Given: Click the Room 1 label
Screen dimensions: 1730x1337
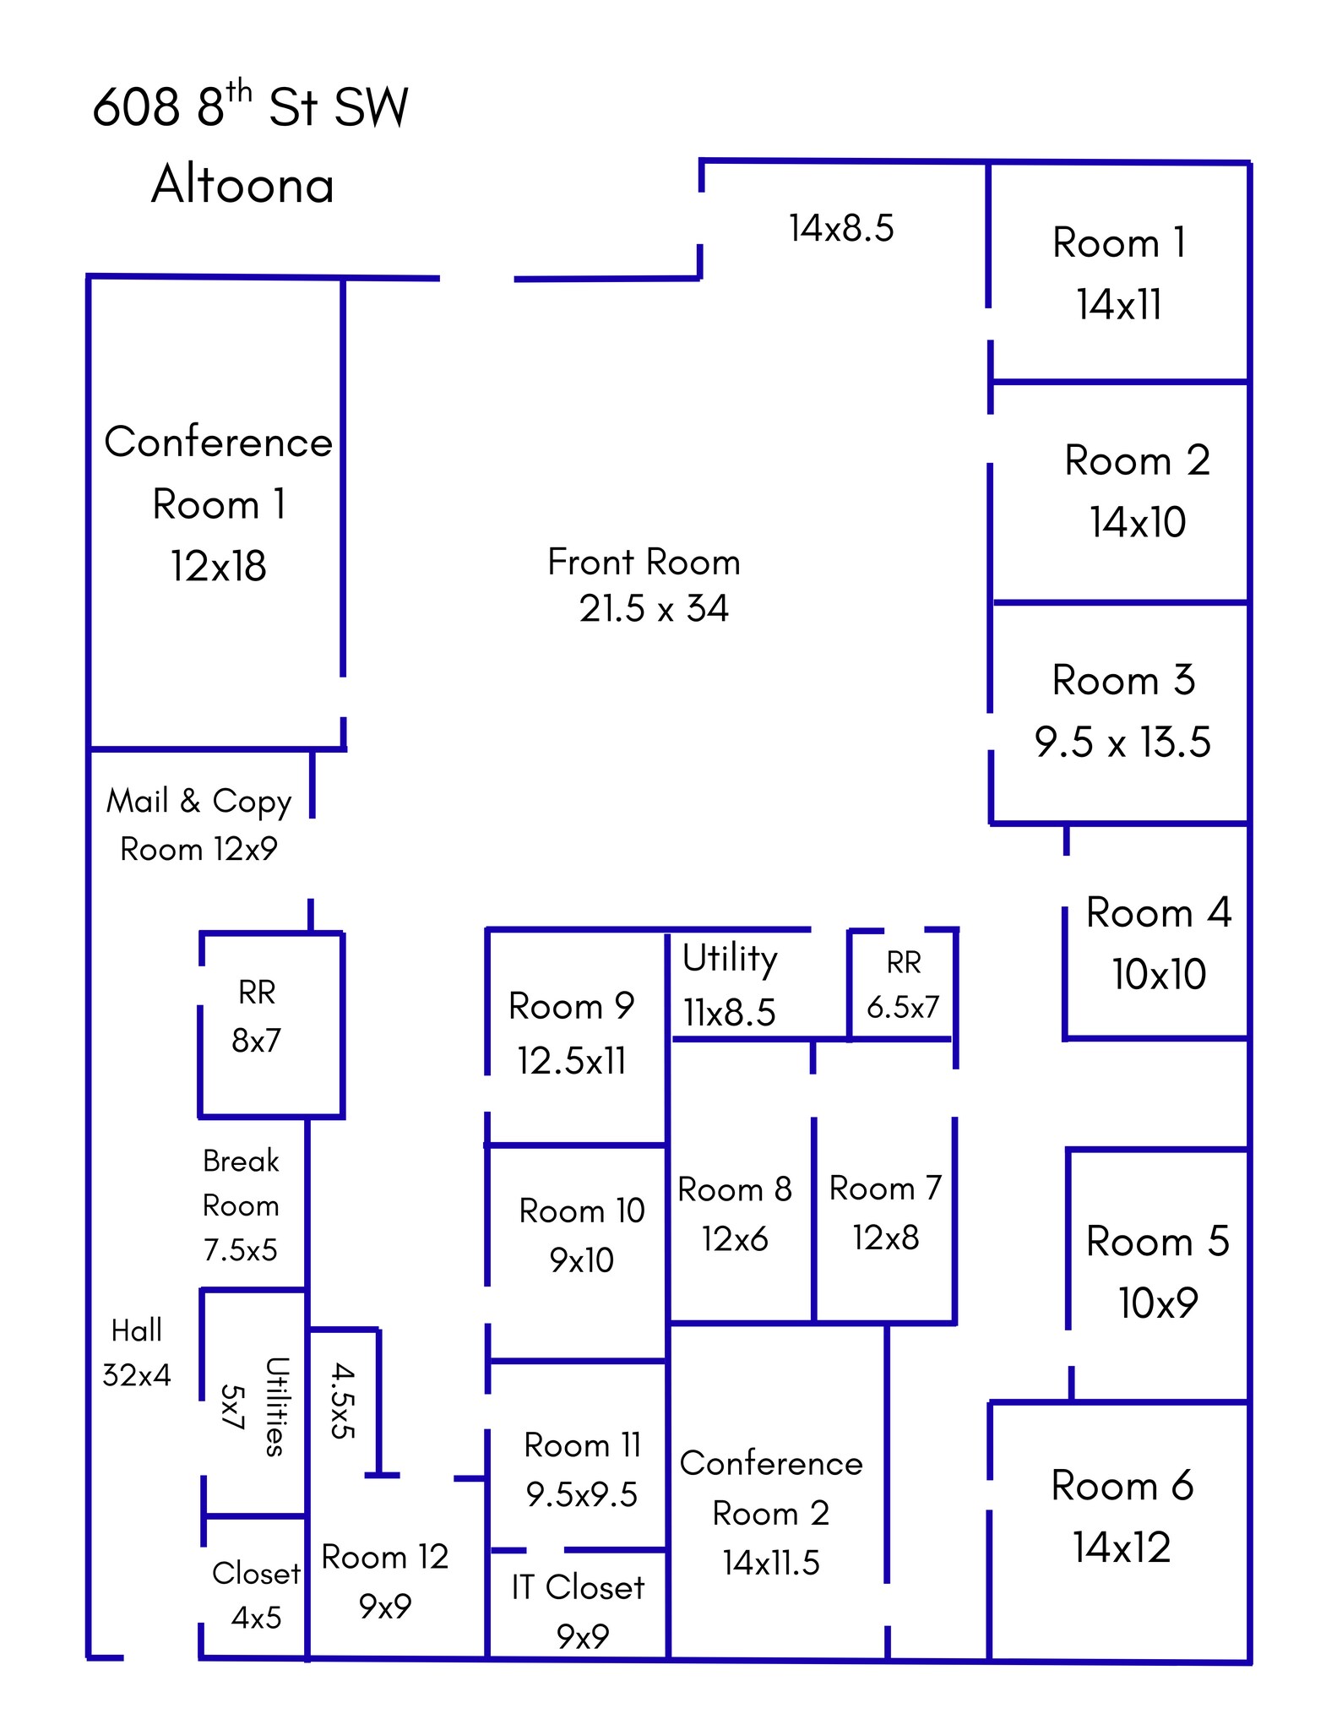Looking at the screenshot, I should pos(1119,243).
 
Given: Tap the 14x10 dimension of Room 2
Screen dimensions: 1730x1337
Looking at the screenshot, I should pos(1137,522).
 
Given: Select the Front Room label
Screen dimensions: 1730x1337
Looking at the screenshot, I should pos(644,563).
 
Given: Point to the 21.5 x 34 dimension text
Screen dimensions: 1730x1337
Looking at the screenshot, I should pos(654,608).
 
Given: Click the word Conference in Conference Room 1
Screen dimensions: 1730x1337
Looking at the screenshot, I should pos(218,442).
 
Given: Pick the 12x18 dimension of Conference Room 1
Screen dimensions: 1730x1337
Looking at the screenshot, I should pos(218,566).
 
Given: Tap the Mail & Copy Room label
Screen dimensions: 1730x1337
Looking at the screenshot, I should pos(198,824).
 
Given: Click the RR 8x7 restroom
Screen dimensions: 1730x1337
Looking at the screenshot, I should pos(257,1016).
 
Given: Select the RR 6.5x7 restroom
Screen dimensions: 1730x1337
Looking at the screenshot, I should pos(902,984).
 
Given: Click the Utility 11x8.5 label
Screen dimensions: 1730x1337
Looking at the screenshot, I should pos(730,985).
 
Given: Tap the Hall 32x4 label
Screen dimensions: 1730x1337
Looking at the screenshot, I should pos(136,1352).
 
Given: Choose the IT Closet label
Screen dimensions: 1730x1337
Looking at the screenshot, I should pos(579,1588).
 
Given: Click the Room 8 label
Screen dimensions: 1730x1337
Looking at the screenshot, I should pos(734,1189).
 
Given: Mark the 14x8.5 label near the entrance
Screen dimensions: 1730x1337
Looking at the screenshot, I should pos(841,228).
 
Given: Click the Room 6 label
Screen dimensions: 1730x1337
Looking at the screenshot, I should pos(1122,1486).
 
